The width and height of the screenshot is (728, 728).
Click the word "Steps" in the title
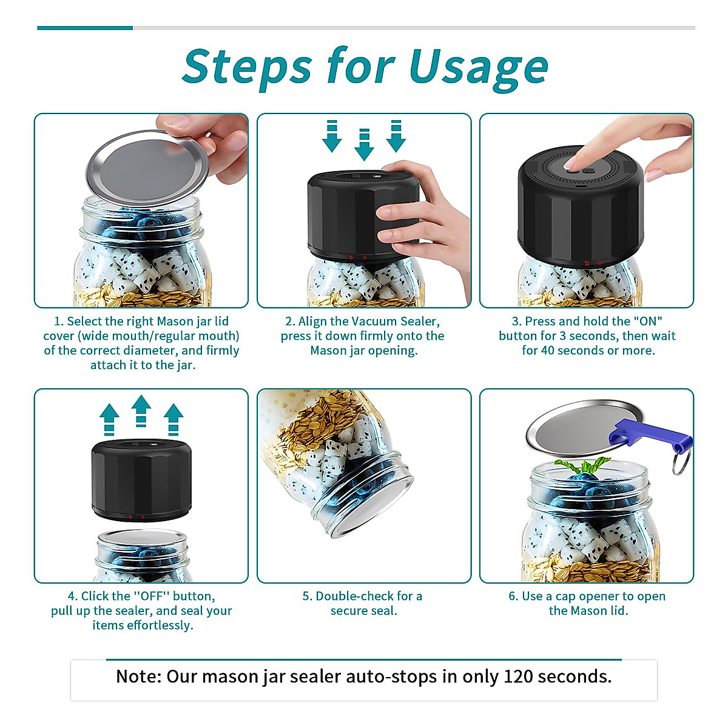click(x=248, y=67)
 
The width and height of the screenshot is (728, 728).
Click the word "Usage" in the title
click(x=479, y=70)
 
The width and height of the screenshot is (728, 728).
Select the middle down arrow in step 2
click(x=364, y=145)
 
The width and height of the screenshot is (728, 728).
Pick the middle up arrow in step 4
click(x=141, y=411)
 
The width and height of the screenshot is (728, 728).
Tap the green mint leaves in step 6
click(x=582, y=466)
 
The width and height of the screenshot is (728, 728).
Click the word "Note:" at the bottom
click(x=139, y=676)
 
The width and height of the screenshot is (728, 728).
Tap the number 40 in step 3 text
click(x=548, y=351)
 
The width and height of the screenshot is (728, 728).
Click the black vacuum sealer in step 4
click(x=141, y=480)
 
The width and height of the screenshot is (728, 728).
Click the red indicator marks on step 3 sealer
click(x=593, y=263)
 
